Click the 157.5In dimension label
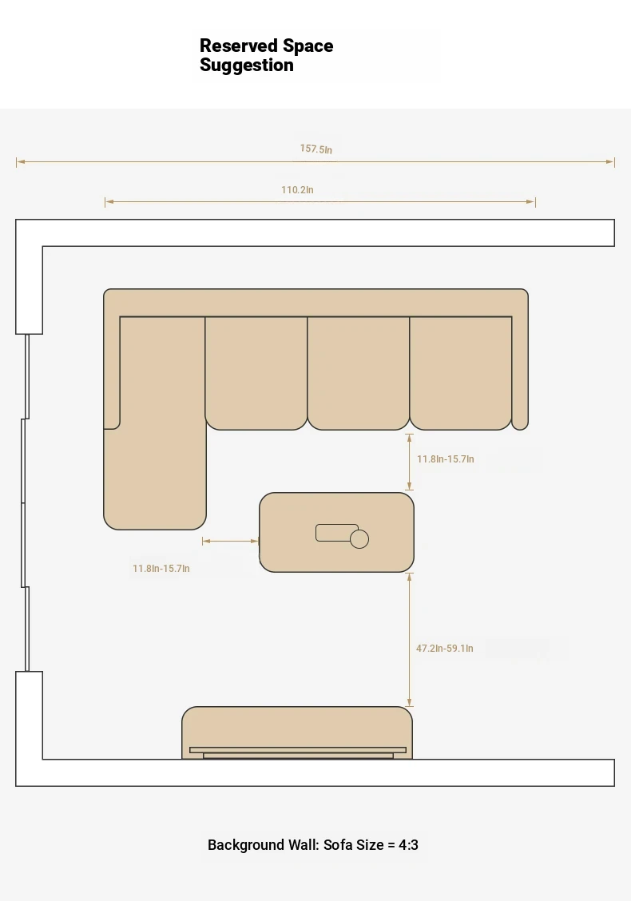(x=316, y=149)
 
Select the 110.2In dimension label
(x=297, y=189)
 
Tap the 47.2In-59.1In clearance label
(x=445, y=648)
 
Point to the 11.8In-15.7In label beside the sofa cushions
(x=446, y=459)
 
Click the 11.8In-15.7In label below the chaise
(x=161, y=568)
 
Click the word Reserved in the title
(x=239, y=46)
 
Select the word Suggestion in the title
(x=247, y=65)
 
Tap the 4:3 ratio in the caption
(x=409, y=845)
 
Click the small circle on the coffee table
(x=359, y=539)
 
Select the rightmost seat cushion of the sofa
(x=461, y=373)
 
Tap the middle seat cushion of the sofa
(x=359, y=373)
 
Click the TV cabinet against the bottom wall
(x=297, y=732)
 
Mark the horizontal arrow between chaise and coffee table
(x=231, y=541)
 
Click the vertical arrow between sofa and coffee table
(x=409, y=462)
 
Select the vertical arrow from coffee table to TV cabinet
(x=409, y=640)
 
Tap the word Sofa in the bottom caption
(x=338, y=845)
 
